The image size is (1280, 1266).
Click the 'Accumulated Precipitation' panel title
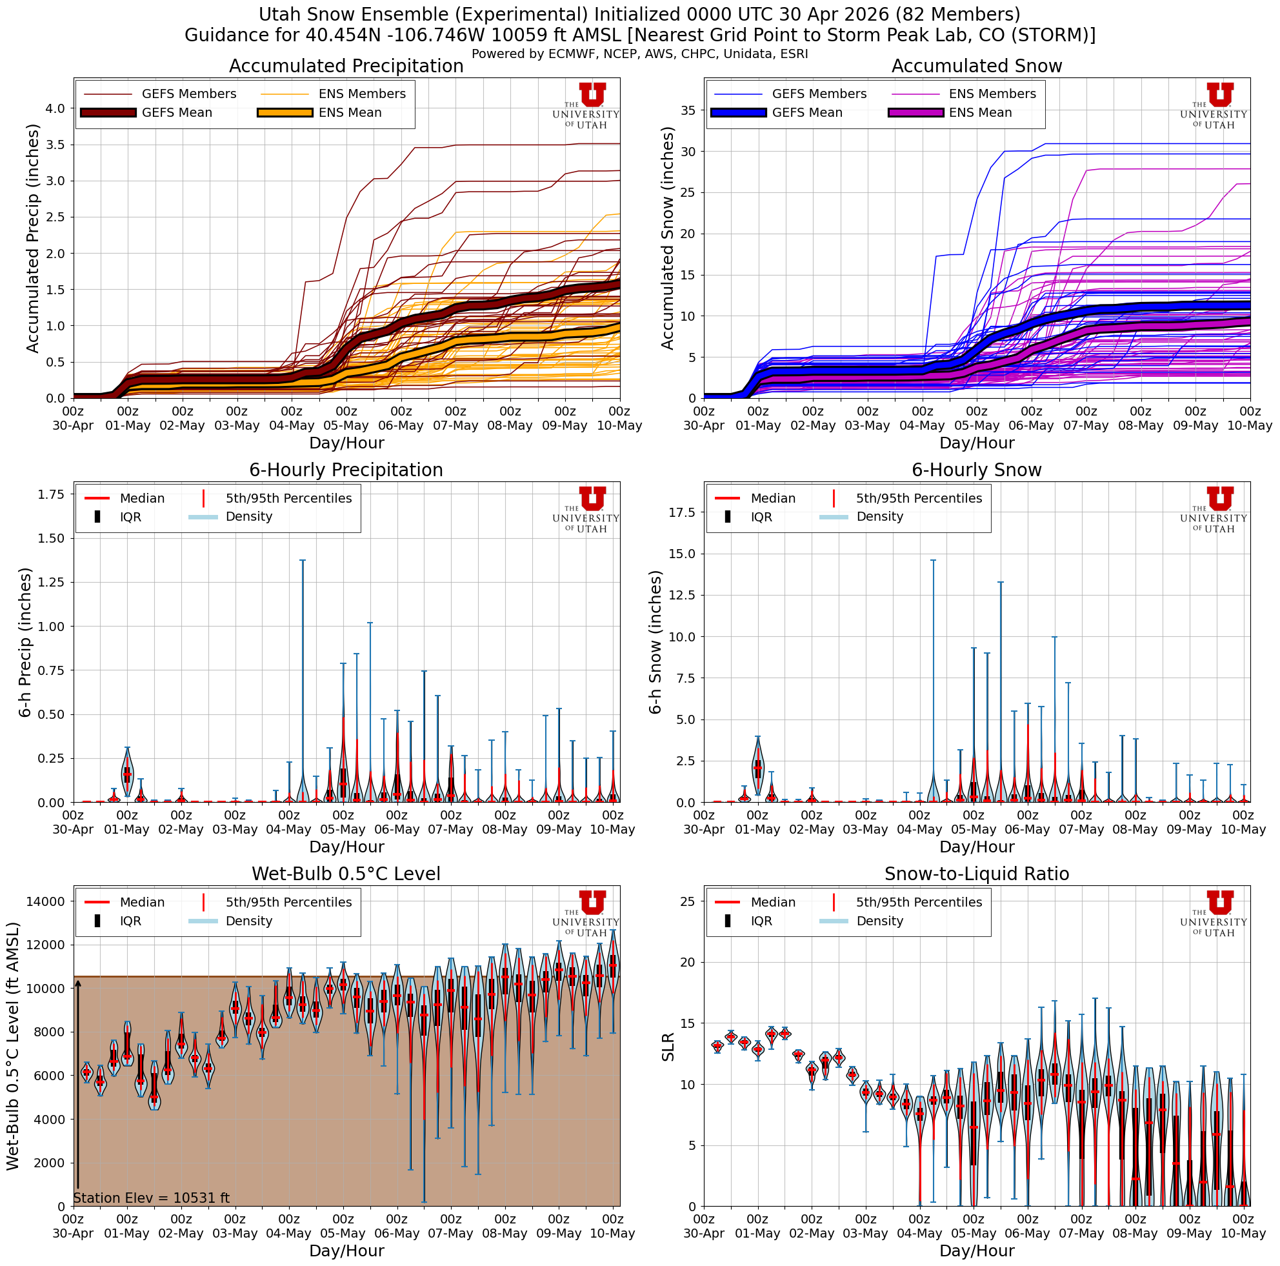tap(346, 66)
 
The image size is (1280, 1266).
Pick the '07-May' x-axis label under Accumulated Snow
tap(1086, 426)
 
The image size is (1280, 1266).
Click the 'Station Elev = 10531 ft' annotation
tap(151, 1198)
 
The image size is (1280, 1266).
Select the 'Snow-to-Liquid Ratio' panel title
tap(977, 874)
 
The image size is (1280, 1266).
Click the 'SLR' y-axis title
tap(668, 1047)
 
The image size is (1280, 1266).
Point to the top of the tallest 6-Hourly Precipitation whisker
tap(302, 561)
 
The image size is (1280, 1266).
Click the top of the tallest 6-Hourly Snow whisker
tap(933, 561)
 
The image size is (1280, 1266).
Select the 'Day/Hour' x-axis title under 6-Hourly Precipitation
tap(346, 847)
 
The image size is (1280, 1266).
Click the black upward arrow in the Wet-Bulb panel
tap(77, 1087)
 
